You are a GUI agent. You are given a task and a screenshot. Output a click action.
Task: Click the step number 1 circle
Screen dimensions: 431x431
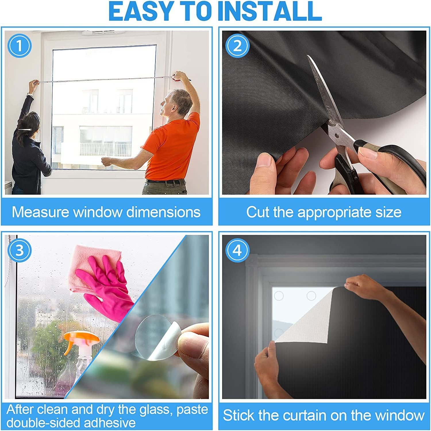19,46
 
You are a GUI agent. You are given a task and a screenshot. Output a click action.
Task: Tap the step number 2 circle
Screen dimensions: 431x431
237,46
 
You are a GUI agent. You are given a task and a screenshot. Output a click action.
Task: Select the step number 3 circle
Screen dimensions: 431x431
19,250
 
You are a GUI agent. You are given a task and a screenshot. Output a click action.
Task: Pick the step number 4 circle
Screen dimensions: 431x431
237,250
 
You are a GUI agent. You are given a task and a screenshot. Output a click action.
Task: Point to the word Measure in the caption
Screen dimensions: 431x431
41,212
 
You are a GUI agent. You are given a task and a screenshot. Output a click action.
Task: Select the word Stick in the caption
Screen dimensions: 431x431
238,415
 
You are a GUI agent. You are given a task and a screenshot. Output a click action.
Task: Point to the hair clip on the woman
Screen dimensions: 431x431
24,130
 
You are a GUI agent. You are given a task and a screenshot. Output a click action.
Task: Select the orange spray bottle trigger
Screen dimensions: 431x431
78,339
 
